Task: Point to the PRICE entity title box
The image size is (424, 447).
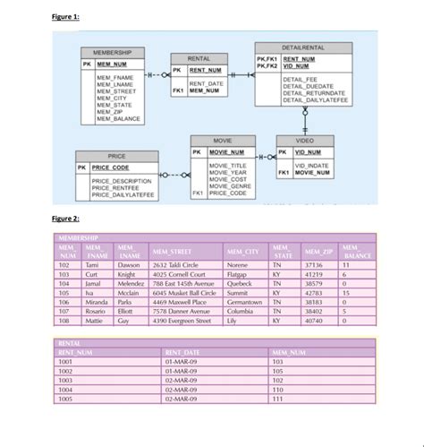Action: pos(115,155)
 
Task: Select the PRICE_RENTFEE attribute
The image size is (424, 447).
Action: pos(116,187)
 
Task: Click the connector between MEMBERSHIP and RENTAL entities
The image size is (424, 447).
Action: pos(156,73)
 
